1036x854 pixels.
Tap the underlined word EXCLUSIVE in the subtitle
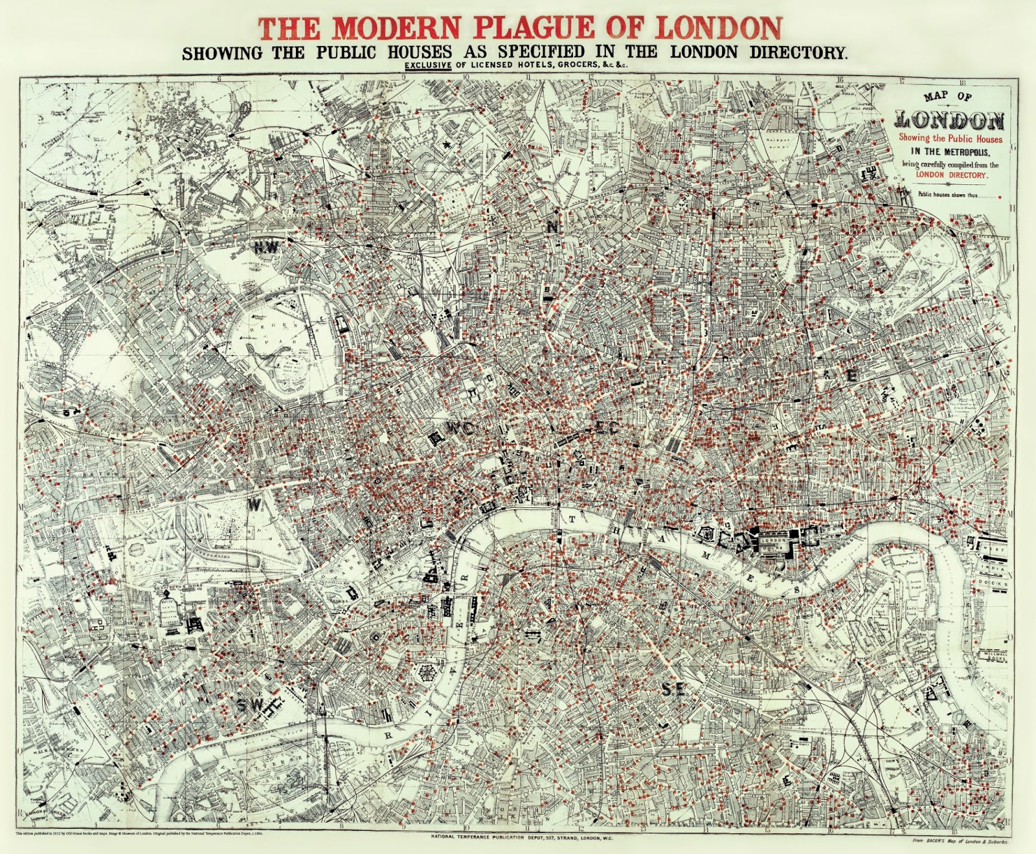click(x=429, y=65)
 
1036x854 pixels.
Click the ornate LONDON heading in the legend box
click(x=949, y=120)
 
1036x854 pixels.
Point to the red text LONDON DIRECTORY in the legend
click(x=951, y=175)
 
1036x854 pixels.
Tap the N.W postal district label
click(x=265, y=246)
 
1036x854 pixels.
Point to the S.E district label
click(x=673, y=690)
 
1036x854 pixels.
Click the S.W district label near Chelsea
click(x=250, y=703)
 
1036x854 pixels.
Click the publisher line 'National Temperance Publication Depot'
click(x=521, y=837)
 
